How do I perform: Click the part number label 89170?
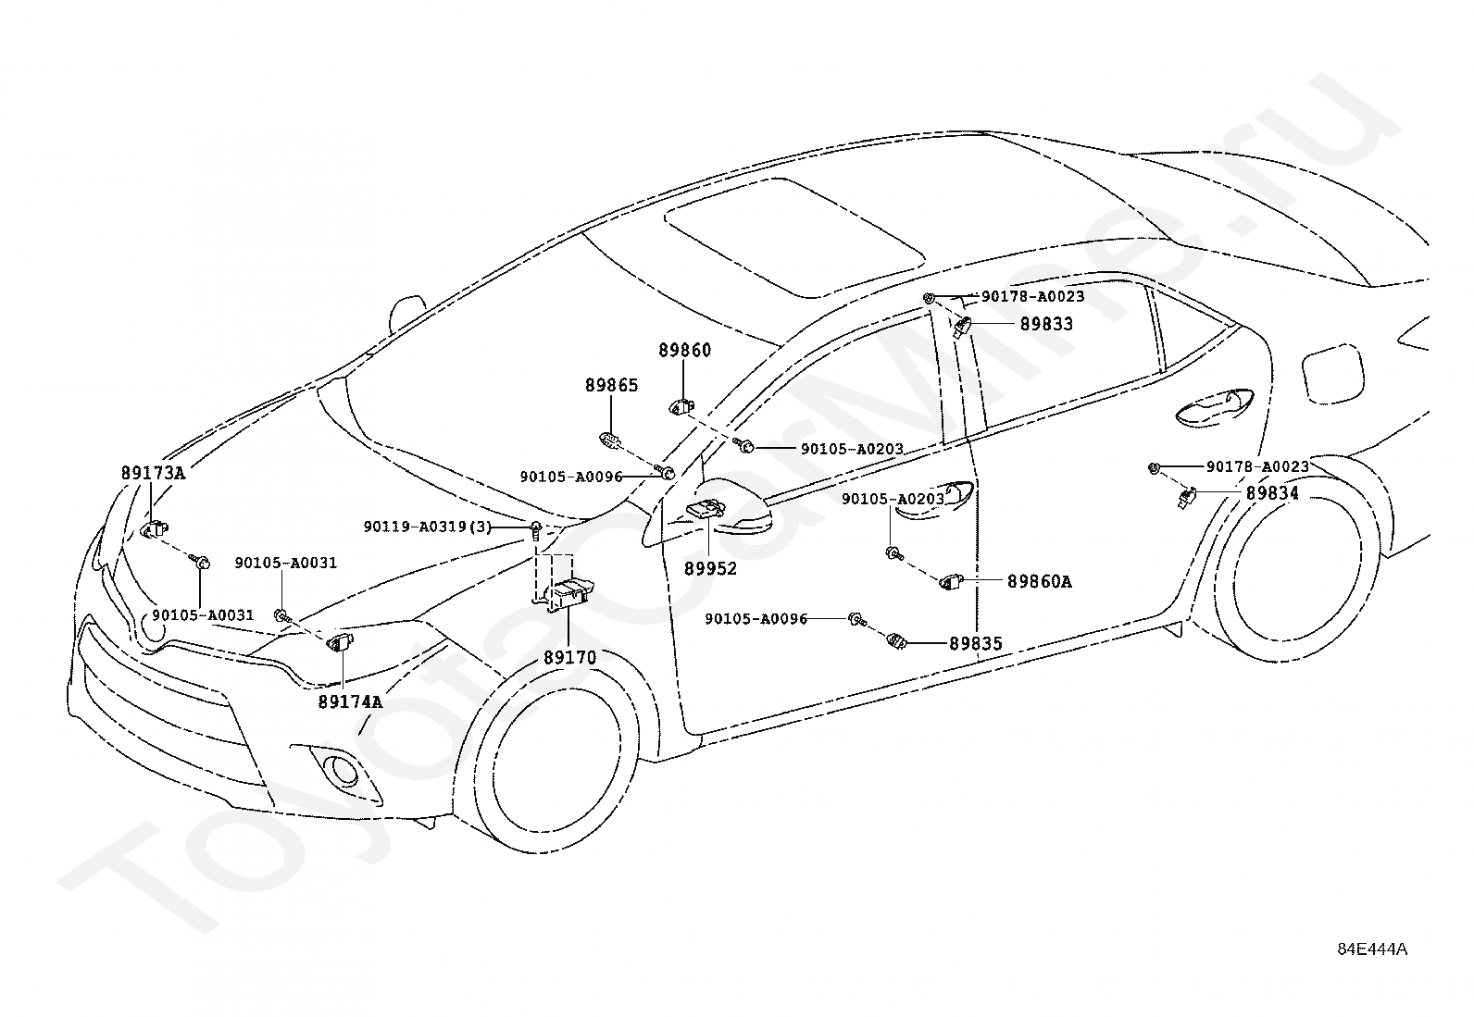569,657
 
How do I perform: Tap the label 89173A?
153,473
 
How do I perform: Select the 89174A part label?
350,701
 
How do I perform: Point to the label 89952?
710,568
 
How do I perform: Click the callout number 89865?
611,385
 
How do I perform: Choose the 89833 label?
1046,324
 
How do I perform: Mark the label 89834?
1272,492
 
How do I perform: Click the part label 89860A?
1040,581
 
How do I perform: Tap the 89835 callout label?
975,643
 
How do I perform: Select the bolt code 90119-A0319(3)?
428,527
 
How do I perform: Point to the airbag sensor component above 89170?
568,595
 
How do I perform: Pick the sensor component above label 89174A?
341,641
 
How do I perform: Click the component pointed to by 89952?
706,509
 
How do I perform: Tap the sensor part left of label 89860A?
951,581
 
